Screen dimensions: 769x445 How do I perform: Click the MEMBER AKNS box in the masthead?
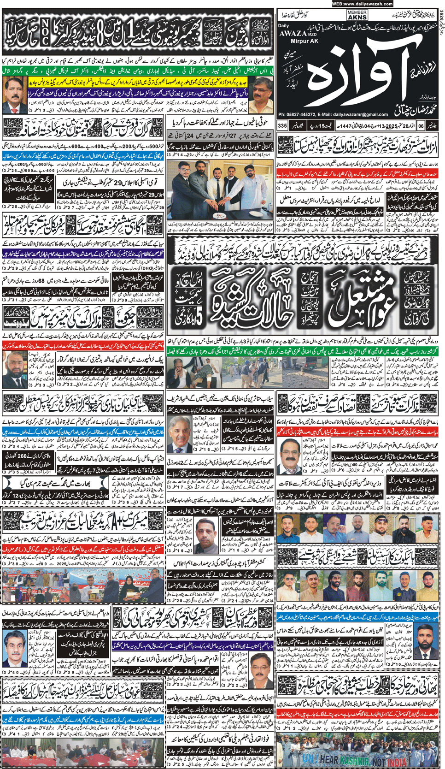tap(357, 15)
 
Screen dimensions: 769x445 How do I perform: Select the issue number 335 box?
tap(282, 126)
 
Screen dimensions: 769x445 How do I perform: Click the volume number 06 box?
tap(421, 126)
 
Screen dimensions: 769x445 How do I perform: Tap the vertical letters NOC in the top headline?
tap(45, 32)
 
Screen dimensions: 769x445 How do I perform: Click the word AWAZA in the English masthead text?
tap(293, 33)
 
